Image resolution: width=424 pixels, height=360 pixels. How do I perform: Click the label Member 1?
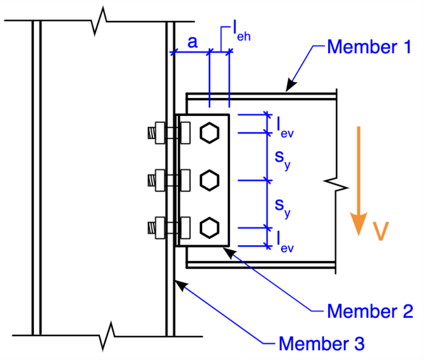click(369, 47)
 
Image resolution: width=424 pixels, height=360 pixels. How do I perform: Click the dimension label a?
click(192, 42)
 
